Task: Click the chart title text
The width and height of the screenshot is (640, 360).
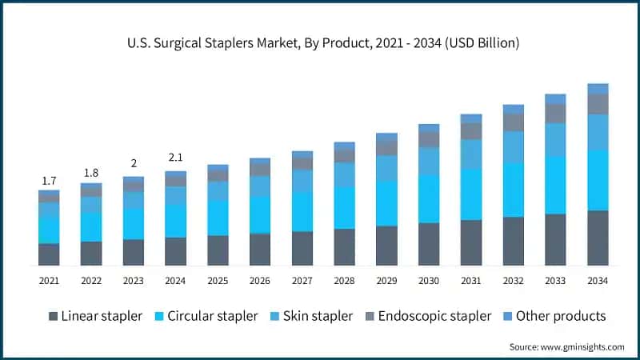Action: pyautogui.click(x=320, y=43)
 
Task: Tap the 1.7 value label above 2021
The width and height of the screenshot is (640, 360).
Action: pyautogui.click(x=49, y=182)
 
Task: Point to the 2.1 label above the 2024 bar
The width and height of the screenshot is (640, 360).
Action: pyautogui.click(x=175, y=157)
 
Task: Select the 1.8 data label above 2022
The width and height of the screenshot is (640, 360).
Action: pyautogui.click(x=91, y=173)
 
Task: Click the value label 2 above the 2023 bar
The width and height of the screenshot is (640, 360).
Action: pyautogui.click(x=134, y=163)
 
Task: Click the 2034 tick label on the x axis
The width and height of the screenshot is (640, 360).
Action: pyautogui.click(x=598, y=281)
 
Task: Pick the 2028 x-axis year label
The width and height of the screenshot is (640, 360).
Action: pyautogui.click(x=344, y=281)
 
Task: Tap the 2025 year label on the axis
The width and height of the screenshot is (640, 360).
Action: pyautogui.click(x=218, y=281)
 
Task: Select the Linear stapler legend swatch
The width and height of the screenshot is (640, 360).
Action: pyautogui.click(x=54, y=316)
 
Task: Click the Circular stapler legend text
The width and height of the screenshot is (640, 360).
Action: pyautogui.click(x=212, y=316)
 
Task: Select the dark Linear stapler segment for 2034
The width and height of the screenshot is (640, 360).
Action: pyautogui.click(x=598, y=238)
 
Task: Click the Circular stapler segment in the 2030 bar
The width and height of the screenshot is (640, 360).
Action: pyautogui.click(x=429, y=198)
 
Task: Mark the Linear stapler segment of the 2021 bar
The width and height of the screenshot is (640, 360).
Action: pyautogui.click(x=49, y=254)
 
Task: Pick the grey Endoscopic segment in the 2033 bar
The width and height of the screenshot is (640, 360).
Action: pyautogui.click(x=555, y=114)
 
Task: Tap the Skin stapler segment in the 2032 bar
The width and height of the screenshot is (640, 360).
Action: pyautogui.click(x=513, y=147)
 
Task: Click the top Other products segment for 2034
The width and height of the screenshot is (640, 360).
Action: pyautogui.click(x=598, y=89)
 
